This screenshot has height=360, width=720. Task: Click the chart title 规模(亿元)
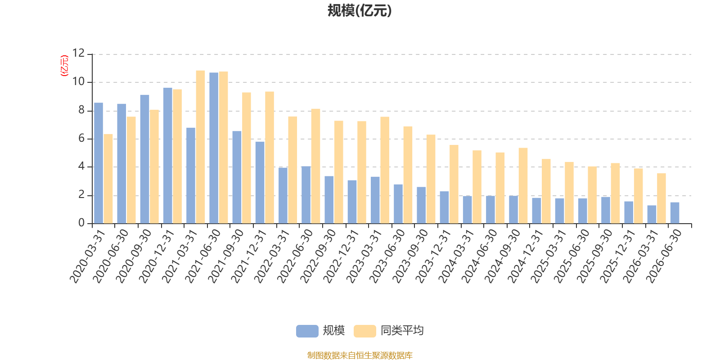click(360, 11)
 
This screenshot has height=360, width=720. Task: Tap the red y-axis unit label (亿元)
click(65, 66)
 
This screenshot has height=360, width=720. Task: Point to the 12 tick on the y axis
click(78, 53)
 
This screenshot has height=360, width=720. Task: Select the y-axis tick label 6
click(81, 139)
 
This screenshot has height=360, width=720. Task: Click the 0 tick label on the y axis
click(81, 223)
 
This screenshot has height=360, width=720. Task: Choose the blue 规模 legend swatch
click(307, 331)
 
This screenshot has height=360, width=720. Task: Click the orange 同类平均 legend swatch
click(365, 331)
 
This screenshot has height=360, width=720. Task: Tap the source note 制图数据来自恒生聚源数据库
click(360, 355)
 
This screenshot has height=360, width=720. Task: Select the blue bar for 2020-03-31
click(99, 163)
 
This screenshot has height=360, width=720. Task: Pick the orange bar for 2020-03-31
click(108, 179)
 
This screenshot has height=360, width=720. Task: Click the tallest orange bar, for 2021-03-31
click(200, 147)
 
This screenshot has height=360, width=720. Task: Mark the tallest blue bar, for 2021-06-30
click(214, 148)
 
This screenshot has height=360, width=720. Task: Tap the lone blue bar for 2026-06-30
click(675, 213)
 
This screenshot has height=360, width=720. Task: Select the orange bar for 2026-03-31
click(661, 198)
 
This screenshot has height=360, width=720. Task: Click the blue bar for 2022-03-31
click(283, 195)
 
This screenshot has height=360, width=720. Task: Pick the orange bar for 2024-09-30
click(523, 186)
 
